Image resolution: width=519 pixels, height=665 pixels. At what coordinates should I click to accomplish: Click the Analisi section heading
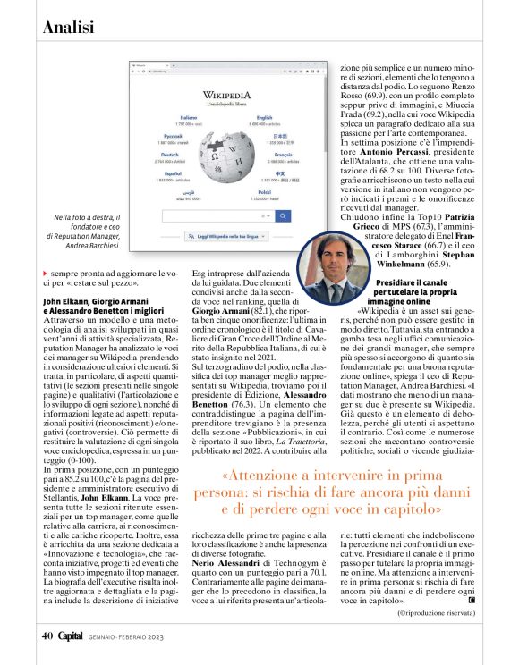click(69, 27)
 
